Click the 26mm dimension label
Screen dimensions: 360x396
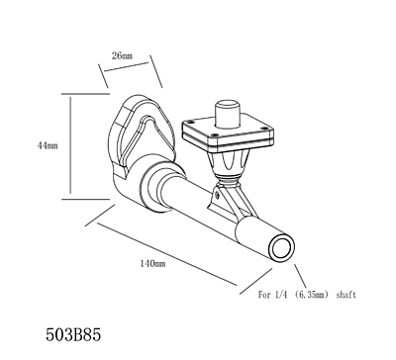122,55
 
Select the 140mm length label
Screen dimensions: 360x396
152,264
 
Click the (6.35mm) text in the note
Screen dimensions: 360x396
309,296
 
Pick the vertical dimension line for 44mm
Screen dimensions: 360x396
68,145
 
